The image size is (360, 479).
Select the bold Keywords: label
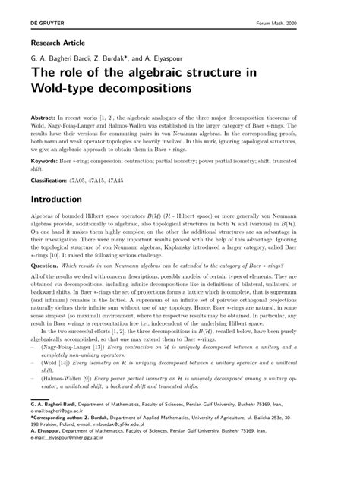click(46, 162)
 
